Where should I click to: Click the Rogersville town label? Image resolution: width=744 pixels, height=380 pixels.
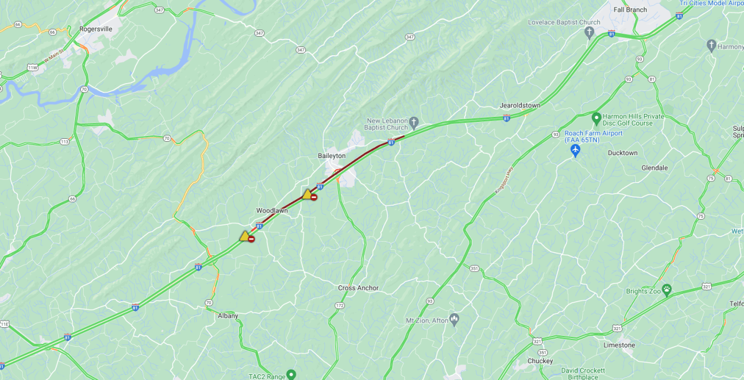[95, 28]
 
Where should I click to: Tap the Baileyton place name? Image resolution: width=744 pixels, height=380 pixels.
[332, 156]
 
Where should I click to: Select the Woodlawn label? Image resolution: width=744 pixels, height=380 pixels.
[272, 210]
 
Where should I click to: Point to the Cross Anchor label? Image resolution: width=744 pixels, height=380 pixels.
[358, 288]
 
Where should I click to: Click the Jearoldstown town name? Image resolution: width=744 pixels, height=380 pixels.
[519, 105]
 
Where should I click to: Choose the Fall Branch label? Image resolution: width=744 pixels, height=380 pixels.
[630, 9]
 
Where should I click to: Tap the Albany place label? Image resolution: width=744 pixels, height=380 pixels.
[228, 316]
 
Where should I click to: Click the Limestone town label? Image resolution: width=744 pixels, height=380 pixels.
[620, 345]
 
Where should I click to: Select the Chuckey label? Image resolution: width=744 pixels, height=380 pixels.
[540, 361]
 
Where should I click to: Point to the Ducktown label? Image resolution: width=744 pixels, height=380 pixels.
[622, 153]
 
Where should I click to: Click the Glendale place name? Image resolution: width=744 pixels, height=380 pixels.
[654, 167]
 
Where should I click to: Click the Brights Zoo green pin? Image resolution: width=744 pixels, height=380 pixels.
[667, 289]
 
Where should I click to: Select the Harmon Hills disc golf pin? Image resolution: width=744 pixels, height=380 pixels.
[596, 119]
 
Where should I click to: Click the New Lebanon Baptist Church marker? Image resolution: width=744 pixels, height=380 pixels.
[414, 122]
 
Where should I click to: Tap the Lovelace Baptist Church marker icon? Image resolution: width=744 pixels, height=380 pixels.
[589, 31]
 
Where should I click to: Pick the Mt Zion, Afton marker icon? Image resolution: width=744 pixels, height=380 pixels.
[454, 319]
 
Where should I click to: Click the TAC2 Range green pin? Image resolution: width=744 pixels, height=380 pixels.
[291, 375]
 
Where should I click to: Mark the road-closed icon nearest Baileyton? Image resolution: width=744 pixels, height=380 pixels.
[314, 198]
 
